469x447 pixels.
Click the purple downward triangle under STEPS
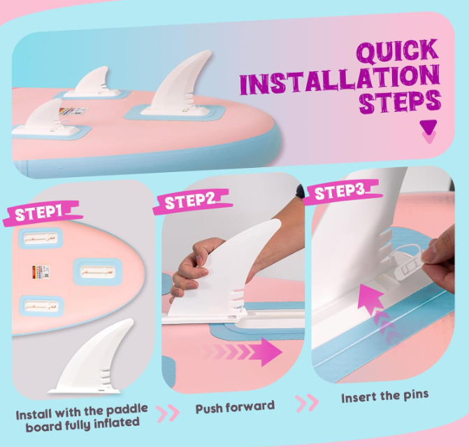428,127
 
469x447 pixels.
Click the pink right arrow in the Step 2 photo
243,352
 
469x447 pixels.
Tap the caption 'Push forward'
235,407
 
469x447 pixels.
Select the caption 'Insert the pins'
384,396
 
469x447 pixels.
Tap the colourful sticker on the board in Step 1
41,271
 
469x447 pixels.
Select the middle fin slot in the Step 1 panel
98,272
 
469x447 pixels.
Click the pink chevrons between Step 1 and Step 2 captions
168,413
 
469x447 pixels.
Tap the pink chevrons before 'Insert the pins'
307,403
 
